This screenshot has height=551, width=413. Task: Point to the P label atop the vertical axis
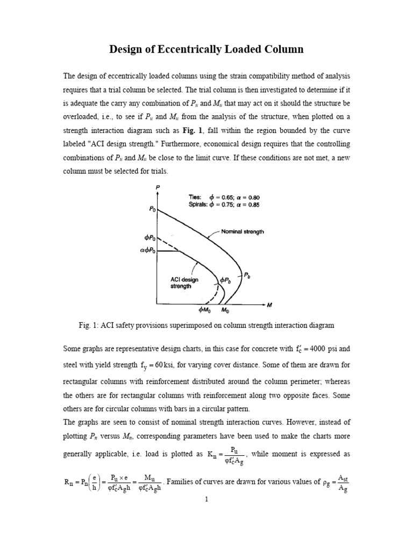(157, 186)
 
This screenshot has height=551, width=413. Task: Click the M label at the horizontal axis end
(270, 306)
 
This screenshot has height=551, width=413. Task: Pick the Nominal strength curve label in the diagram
(242, 232)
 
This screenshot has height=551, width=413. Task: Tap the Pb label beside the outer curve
(247, 275)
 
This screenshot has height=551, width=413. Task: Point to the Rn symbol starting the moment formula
(69, 482)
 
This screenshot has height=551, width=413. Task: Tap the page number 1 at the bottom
(206, 499)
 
